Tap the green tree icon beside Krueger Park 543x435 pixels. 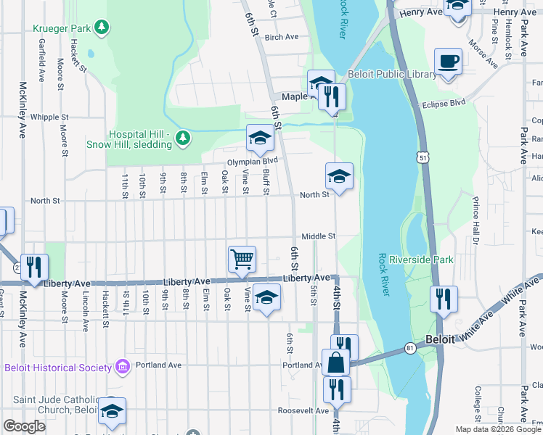click(103, 28)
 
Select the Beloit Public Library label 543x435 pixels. click(393, 74)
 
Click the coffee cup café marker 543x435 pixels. click(448, 62)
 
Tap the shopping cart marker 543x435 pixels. click(242, 258)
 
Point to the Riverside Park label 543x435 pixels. click(421, 260)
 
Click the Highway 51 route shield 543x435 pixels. click(422, 157)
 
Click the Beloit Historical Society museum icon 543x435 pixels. click(122, 368)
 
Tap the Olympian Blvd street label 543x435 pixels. click(252, 161)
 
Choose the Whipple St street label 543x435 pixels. click(49, 117)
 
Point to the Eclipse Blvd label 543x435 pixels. click(444, 104)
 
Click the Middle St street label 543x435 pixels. click(318, 236)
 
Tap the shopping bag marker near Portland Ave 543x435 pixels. click(336, 361)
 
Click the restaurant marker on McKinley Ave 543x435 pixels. click(33, 267)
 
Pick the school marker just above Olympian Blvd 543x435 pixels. click(260, 136)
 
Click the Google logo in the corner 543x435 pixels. click(25, 426)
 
